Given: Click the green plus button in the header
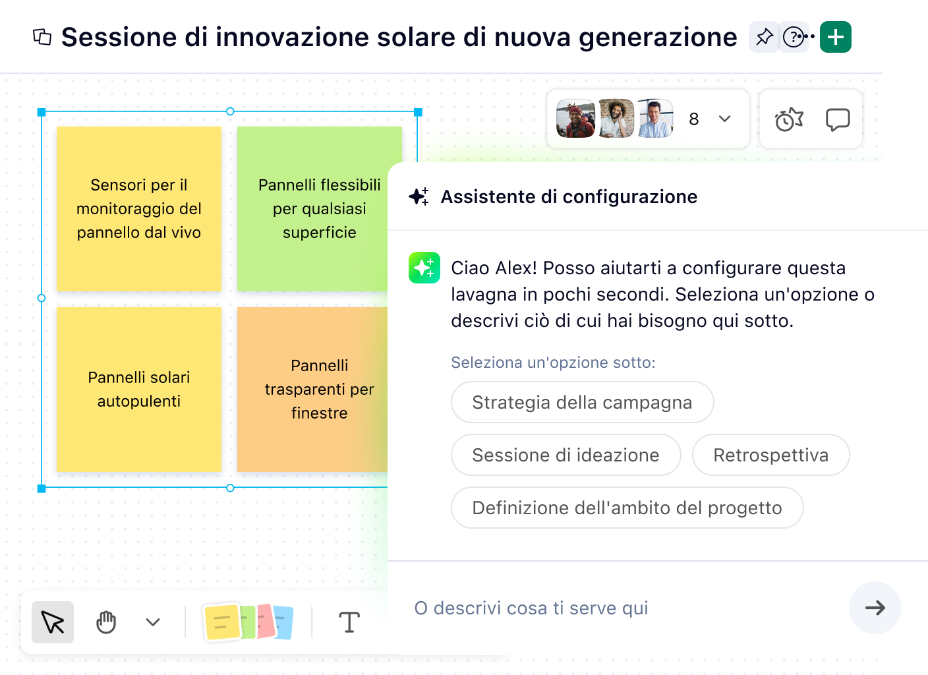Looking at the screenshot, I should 835,37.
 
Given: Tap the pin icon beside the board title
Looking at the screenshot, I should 764,37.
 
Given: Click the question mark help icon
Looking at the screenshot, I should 793,37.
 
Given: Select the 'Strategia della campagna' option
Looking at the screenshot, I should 582,402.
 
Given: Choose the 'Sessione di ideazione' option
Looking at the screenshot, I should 565,455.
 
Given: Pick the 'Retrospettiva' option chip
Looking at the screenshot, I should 770,455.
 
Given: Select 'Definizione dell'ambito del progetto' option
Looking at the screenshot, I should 627,508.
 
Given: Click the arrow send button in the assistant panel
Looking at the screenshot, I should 875,608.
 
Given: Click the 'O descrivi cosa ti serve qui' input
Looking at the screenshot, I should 620,608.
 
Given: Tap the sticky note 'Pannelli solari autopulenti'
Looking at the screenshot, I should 139,389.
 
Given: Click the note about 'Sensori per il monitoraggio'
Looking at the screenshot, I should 139,208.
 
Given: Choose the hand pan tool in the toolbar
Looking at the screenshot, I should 106,622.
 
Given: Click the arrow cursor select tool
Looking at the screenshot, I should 53,622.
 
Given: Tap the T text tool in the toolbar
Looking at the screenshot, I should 349,622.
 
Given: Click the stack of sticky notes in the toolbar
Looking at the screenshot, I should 248,622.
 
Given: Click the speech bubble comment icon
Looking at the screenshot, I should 837,119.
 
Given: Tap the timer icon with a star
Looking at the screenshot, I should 789,119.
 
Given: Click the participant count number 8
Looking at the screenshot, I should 693,119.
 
